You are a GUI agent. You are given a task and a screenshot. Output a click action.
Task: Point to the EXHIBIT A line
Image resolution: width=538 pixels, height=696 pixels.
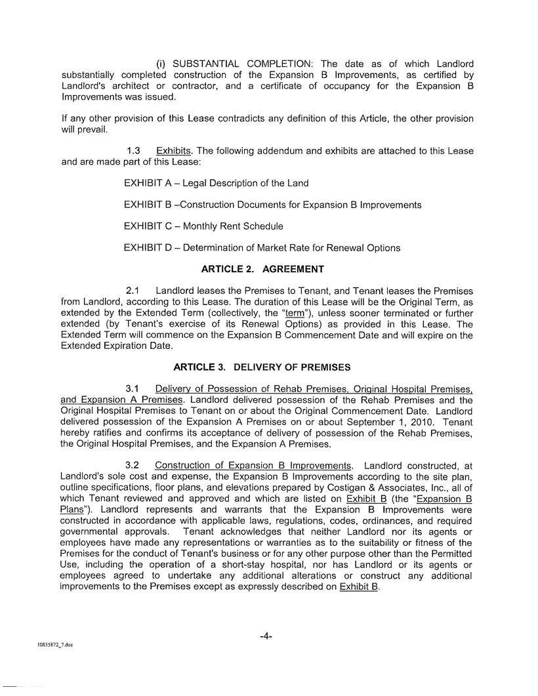(x=216, y=183)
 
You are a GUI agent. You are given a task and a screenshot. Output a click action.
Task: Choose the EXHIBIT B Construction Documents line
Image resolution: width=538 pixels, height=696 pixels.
(x=272, y=205)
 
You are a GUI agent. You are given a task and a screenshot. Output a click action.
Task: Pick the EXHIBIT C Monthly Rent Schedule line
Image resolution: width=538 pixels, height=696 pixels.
(x=203, y=226)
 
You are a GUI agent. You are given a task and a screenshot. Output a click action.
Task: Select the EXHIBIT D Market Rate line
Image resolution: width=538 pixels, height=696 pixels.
(x=262, y=248)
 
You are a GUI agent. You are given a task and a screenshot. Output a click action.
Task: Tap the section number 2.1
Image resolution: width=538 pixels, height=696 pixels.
(x=133, y=291)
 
